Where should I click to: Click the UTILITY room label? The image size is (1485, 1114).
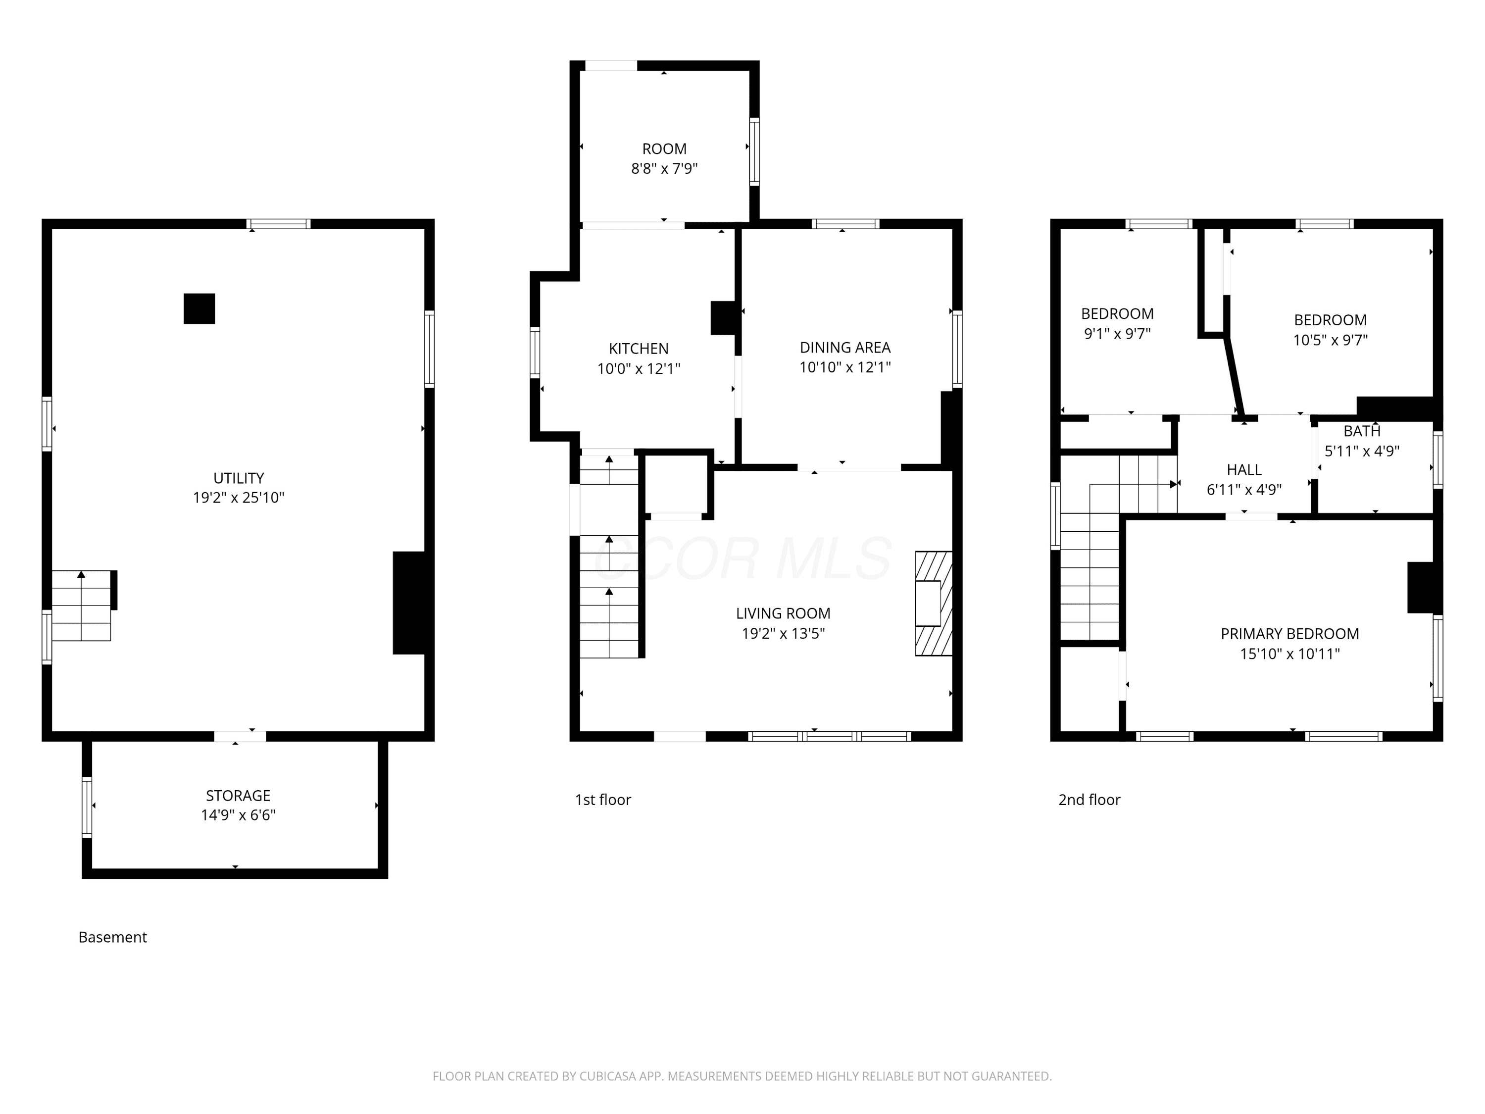[238, 478]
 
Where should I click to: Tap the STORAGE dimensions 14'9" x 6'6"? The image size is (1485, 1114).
[238, 815]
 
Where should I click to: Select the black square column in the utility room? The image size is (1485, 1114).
[199, 309]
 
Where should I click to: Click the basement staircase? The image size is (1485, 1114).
[81, 606]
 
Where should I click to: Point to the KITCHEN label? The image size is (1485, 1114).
[639, 349]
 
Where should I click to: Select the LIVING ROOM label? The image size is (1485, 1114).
[783, 613]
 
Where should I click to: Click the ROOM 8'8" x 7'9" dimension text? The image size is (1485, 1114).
[664, 168]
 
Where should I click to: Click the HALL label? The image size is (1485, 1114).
[1244, 470]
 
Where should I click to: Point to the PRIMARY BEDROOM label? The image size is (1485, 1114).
[1289, 634]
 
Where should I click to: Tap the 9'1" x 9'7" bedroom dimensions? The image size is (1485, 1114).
[1117, 334]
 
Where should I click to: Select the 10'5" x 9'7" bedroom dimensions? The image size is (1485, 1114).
[1330, 340]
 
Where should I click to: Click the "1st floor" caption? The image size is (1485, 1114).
[603, 800]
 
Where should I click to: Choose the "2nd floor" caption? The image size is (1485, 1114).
[1089, 800]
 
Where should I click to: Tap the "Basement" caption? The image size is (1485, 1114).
[113, 937]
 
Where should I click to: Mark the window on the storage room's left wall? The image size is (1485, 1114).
[87, 807]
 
